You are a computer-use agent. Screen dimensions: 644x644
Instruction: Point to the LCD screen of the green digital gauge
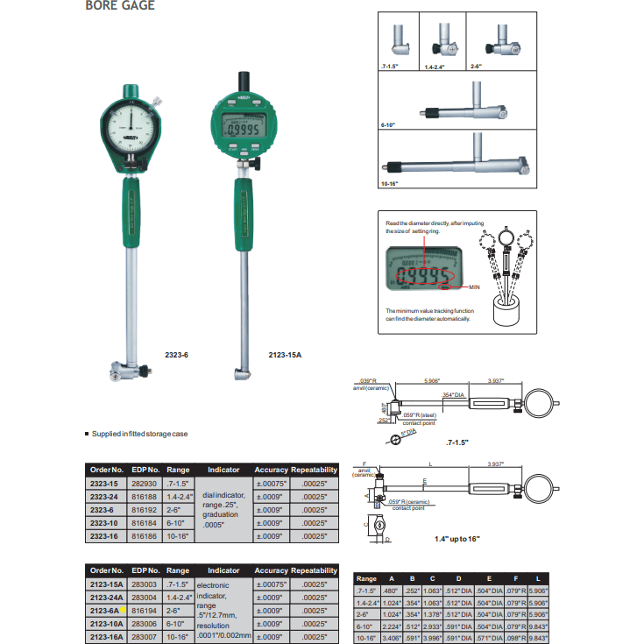coord(243,130)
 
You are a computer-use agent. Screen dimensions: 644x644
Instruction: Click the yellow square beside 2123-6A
coord(125,609)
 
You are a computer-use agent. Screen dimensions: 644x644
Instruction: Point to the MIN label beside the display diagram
coord(475,287)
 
